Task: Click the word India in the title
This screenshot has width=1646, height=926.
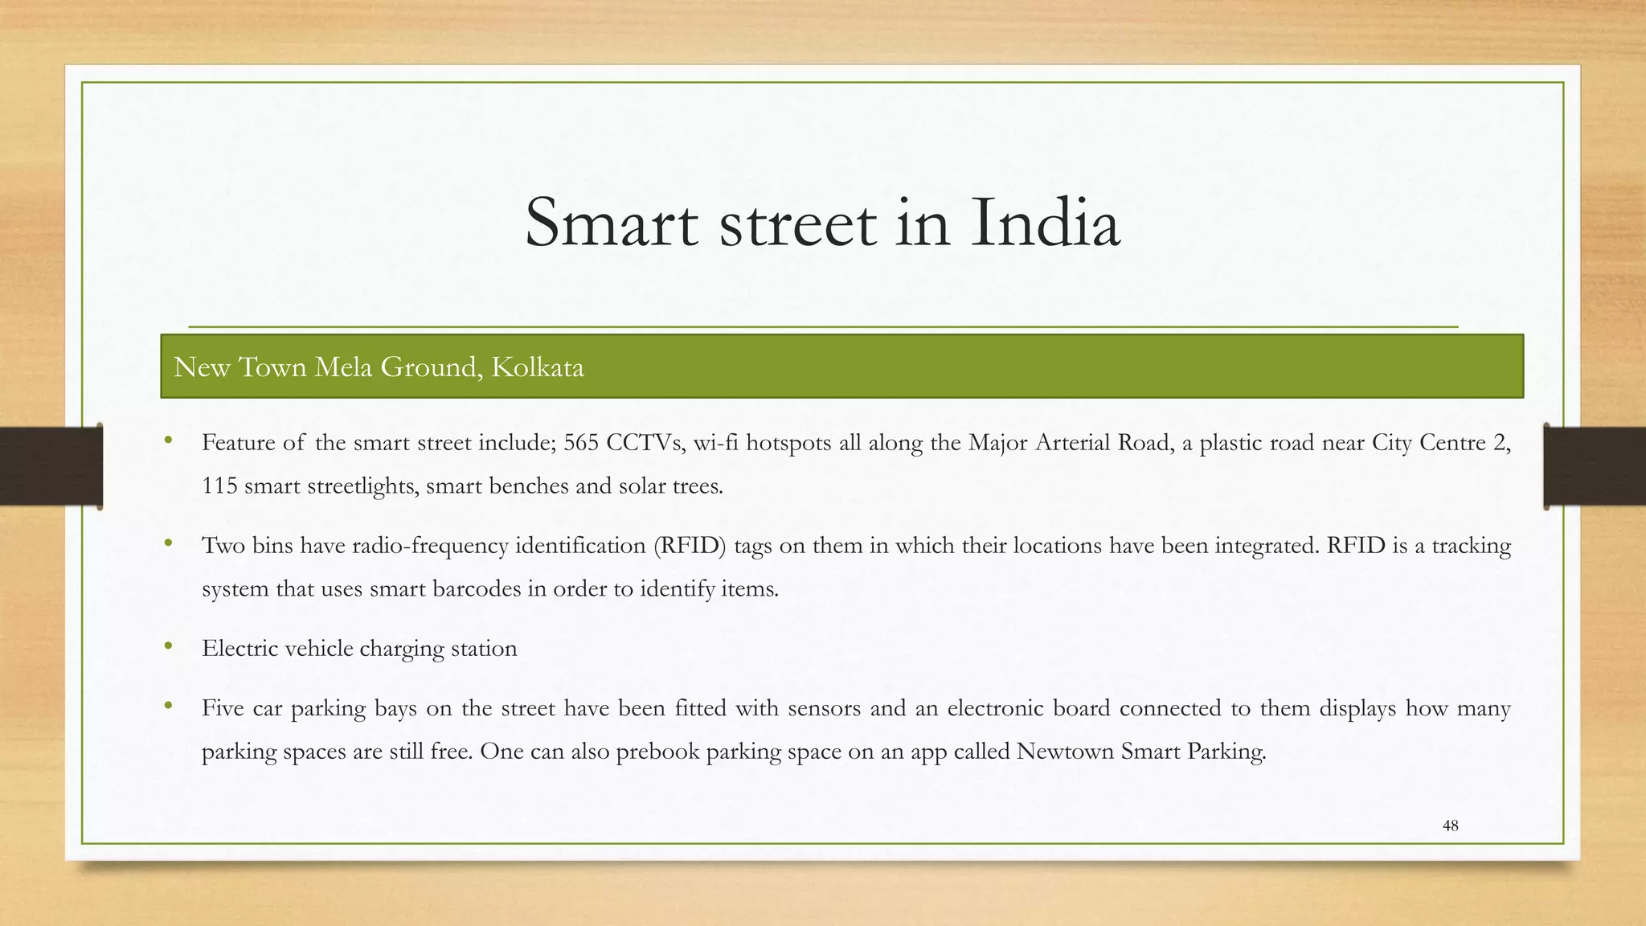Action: (1044, 223)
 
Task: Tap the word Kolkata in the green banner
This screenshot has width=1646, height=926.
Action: (537, 367)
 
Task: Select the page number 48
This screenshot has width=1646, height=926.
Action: (1450, 826)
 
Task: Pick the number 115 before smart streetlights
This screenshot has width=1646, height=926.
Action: (219, 486)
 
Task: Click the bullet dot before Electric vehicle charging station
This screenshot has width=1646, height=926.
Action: (168, 646)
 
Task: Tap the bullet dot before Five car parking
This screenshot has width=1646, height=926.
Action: (168, 706)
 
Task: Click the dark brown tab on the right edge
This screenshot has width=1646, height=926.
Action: (1595, 466)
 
